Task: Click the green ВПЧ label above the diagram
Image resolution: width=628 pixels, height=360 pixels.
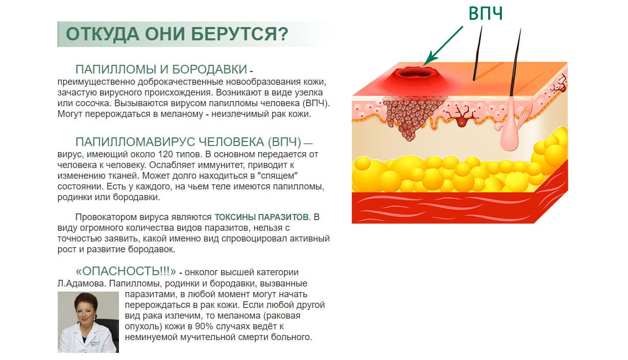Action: [486, 13]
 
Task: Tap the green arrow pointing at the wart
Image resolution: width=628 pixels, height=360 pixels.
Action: [443, 46]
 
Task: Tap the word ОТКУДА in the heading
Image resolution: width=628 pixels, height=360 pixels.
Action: [102, 34]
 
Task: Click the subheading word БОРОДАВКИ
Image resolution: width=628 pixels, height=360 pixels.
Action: [209, 69]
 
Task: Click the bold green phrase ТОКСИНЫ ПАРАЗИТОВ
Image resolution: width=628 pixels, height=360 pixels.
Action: [261, 217]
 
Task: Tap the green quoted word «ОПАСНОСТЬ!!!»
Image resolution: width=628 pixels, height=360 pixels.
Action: [126, 271]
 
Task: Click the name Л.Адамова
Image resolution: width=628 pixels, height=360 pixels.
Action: [82, 283]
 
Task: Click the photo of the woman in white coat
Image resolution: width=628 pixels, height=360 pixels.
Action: [88, 322]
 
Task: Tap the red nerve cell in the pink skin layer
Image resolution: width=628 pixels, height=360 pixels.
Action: [462, 118]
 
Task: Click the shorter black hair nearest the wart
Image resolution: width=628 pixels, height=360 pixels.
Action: [478, 53]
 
